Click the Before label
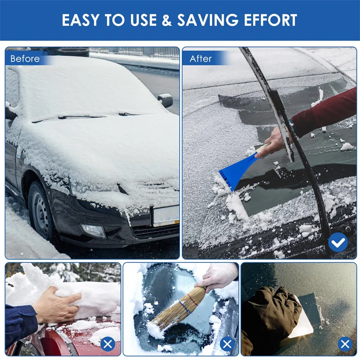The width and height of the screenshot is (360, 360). coord(25,59)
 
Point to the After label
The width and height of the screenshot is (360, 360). coord(201,59)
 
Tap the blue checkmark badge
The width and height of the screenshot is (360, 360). coord(337,243)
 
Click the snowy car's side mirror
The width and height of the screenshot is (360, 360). coord(165,100)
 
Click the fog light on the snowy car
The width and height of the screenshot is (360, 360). coord(93,230)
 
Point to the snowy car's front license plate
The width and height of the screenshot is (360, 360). coord(166,215)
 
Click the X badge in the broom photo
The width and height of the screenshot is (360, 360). coord(226,345)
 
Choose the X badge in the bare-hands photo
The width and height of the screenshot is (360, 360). coord(108,345)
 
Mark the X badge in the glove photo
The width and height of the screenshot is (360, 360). coord(345,345)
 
